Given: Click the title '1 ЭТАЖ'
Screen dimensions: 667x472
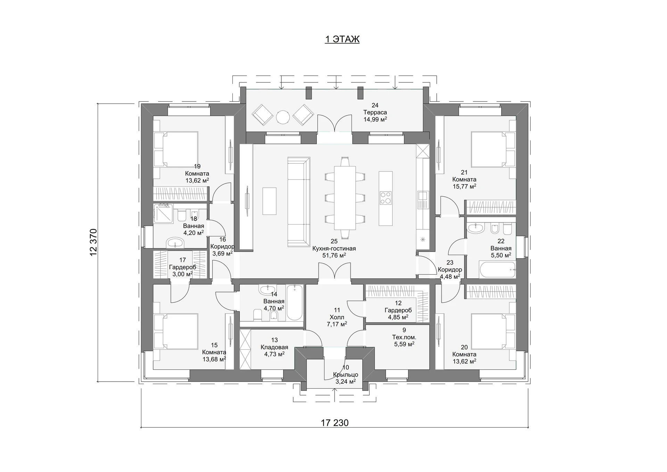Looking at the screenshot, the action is pos(342,39).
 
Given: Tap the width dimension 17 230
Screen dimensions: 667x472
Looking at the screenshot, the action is pos(335,423).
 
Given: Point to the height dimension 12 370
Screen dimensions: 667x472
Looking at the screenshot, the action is pos(93,242).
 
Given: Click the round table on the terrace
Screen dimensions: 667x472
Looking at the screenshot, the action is pos(283,117).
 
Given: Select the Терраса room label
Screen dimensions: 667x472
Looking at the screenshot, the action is pos(375,112).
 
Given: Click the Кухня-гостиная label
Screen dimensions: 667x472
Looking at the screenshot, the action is pos(334,249).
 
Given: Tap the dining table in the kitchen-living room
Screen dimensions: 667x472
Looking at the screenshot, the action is pos(345,198).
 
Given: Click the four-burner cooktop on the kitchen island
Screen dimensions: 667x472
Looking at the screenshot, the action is pos(386,198).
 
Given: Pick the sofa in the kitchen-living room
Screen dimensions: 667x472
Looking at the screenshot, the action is pos(299,202).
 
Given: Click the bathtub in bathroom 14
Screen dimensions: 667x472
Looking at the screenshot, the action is pos(295,302).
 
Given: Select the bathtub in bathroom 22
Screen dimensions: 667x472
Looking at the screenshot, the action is pos(497,270).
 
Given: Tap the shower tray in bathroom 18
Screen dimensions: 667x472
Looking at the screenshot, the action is pos(163,213).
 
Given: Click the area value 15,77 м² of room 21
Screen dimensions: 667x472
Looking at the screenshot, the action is pos(464,187).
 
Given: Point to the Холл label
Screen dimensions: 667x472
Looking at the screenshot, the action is pos(337,317).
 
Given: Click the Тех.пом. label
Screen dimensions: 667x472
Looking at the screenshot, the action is pos(404,337).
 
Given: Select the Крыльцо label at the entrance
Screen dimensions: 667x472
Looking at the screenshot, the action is pos(345,375).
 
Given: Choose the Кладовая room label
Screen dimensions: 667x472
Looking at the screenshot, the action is pos(274,347).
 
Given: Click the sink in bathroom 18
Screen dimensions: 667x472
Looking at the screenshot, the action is pos(176,242).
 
